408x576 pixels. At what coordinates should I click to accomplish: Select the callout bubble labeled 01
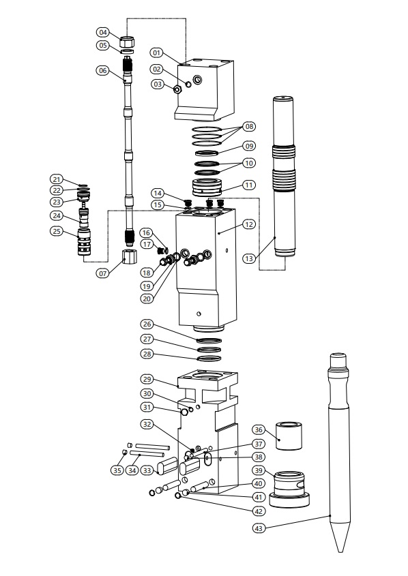[158, 51]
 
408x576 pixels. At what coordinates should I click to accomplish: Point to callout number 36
[259, 429]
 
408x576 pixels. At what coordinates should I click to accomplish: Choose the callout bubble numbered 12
[249, 224]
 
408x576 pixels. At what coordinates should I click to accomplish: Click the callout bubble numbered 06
[102, 70]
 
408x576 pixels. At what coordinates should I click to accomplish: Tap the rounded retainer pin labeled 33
[168, 467]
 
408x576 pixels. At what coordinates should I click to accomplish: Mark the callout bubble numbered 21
[56, 180]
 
